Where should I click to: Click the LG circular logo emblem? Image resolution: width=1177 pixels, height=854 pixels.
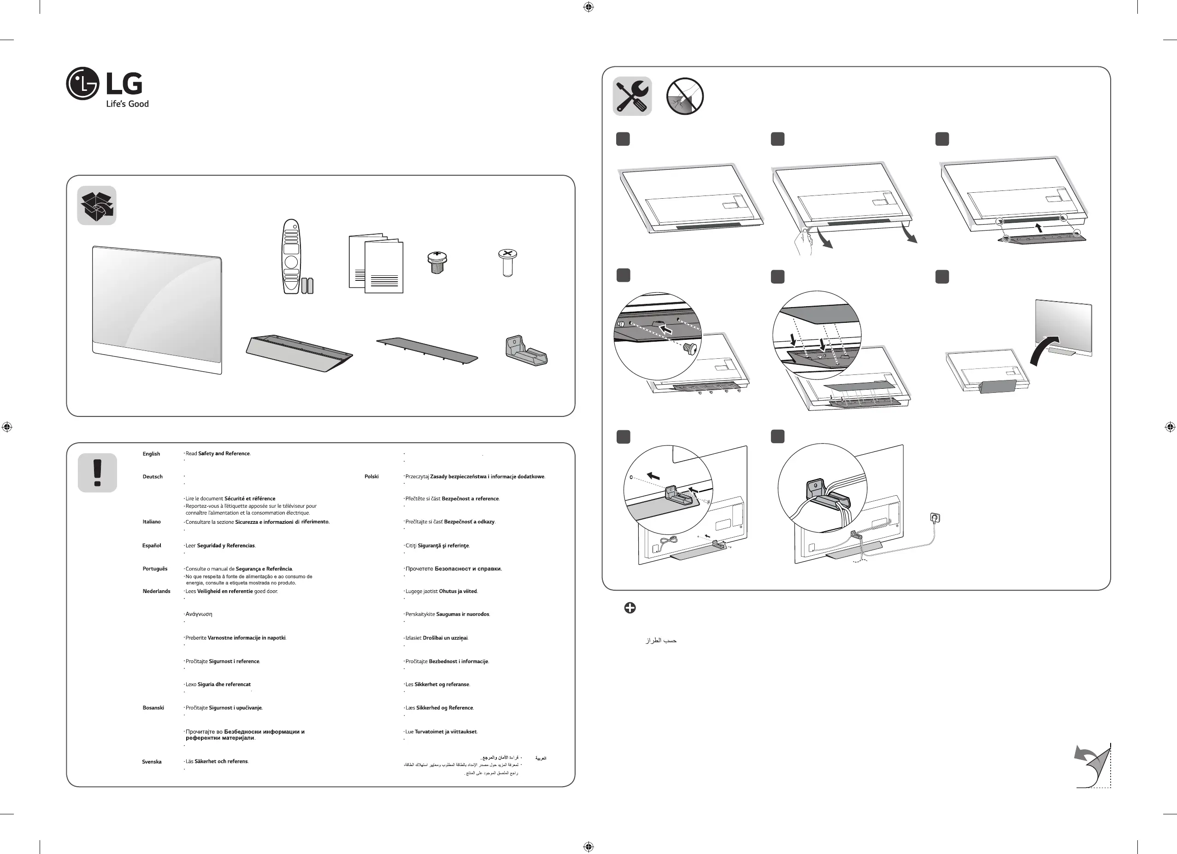[82, 83]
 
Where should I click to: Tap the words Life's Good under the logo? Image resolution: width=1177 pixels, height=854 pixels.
[127, 104]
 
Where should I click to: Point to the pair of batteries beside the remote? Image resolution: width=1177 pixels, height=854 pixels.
[307, 285]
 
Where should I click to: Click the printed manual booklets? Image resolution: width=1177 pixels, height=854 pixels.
[376, 264]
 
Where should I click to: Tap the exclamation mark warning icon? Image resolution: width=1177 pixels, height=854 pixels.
[97, 473]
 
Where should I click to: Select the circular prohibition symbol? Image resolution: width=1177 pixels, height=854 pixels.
[684, 96]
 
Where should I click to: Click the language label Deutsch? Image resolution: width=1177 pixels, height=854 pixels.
[153, 477]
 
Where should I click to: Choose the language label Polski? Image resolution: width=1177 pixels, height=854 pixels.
[371, 477]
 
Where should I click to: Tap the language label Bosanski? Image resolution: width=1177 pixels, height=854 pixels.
[153, 708]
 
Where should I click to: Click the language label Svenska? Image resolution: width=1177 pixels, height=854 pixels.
[152, 762]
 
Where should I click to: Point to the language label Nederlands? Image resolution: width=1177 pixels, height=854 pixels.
[156, 591]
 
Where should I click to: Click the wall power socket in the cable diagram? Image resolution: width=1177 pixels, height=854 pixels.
[936, 517]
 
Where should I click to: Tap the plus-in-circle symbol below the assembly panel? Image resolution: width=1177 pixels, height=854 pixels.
[630, 608]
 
